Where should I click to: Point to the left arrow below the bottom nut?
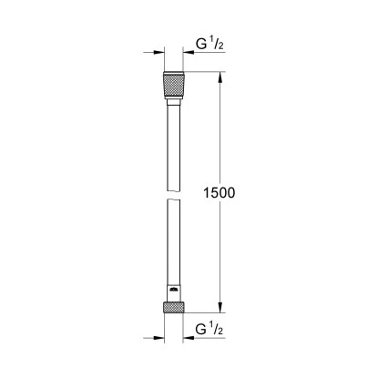(x=157, y=337)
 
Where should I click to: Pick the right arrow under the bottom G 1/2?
(x=193, y=337)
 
